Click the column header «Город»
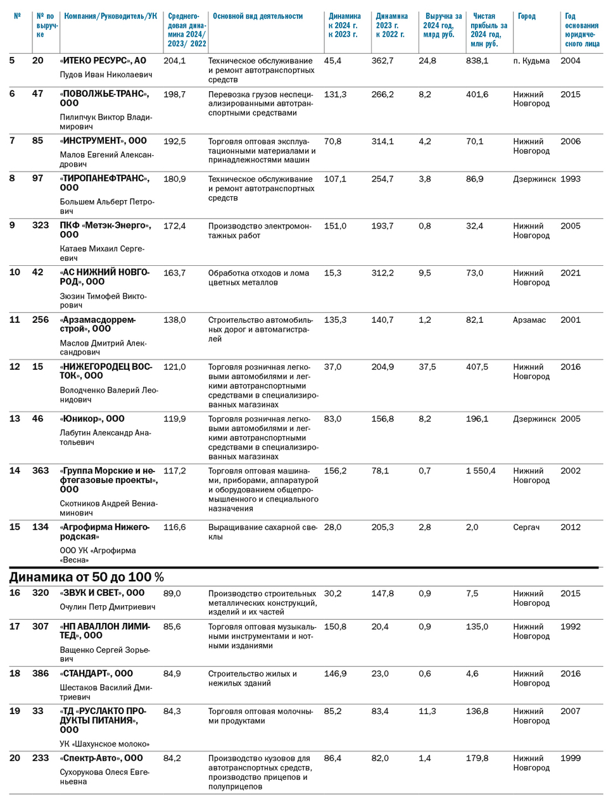coord(526,16)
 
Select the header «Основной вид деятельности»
coord(257,16)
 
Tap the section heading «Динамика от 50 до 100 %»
coord(86,577)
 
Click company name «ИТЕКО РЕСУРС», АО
coord(103,61)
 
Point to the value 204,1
coord(174,61)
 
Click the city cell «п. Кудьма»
coord(531,61)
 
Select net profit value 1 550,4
coord(480,471)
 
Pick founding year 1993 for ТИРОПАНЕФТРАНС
coord(570,179)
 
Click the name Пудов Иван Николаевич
coord(106,75)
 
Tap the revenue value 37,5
coord(427,367)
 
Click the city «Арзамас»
coord(529,320)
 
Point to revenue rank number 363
coord(41,471)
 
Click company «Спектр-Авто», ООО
coord(101,758)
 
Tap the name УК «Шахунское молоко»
coord(104,744)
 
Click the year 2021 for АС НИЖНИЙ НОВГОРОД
coord(570,273)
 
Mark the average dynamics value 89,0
coord(172,594)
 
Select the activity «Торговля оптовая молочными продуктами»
coord(260,716)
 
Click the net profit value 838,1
coord(477,61)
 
